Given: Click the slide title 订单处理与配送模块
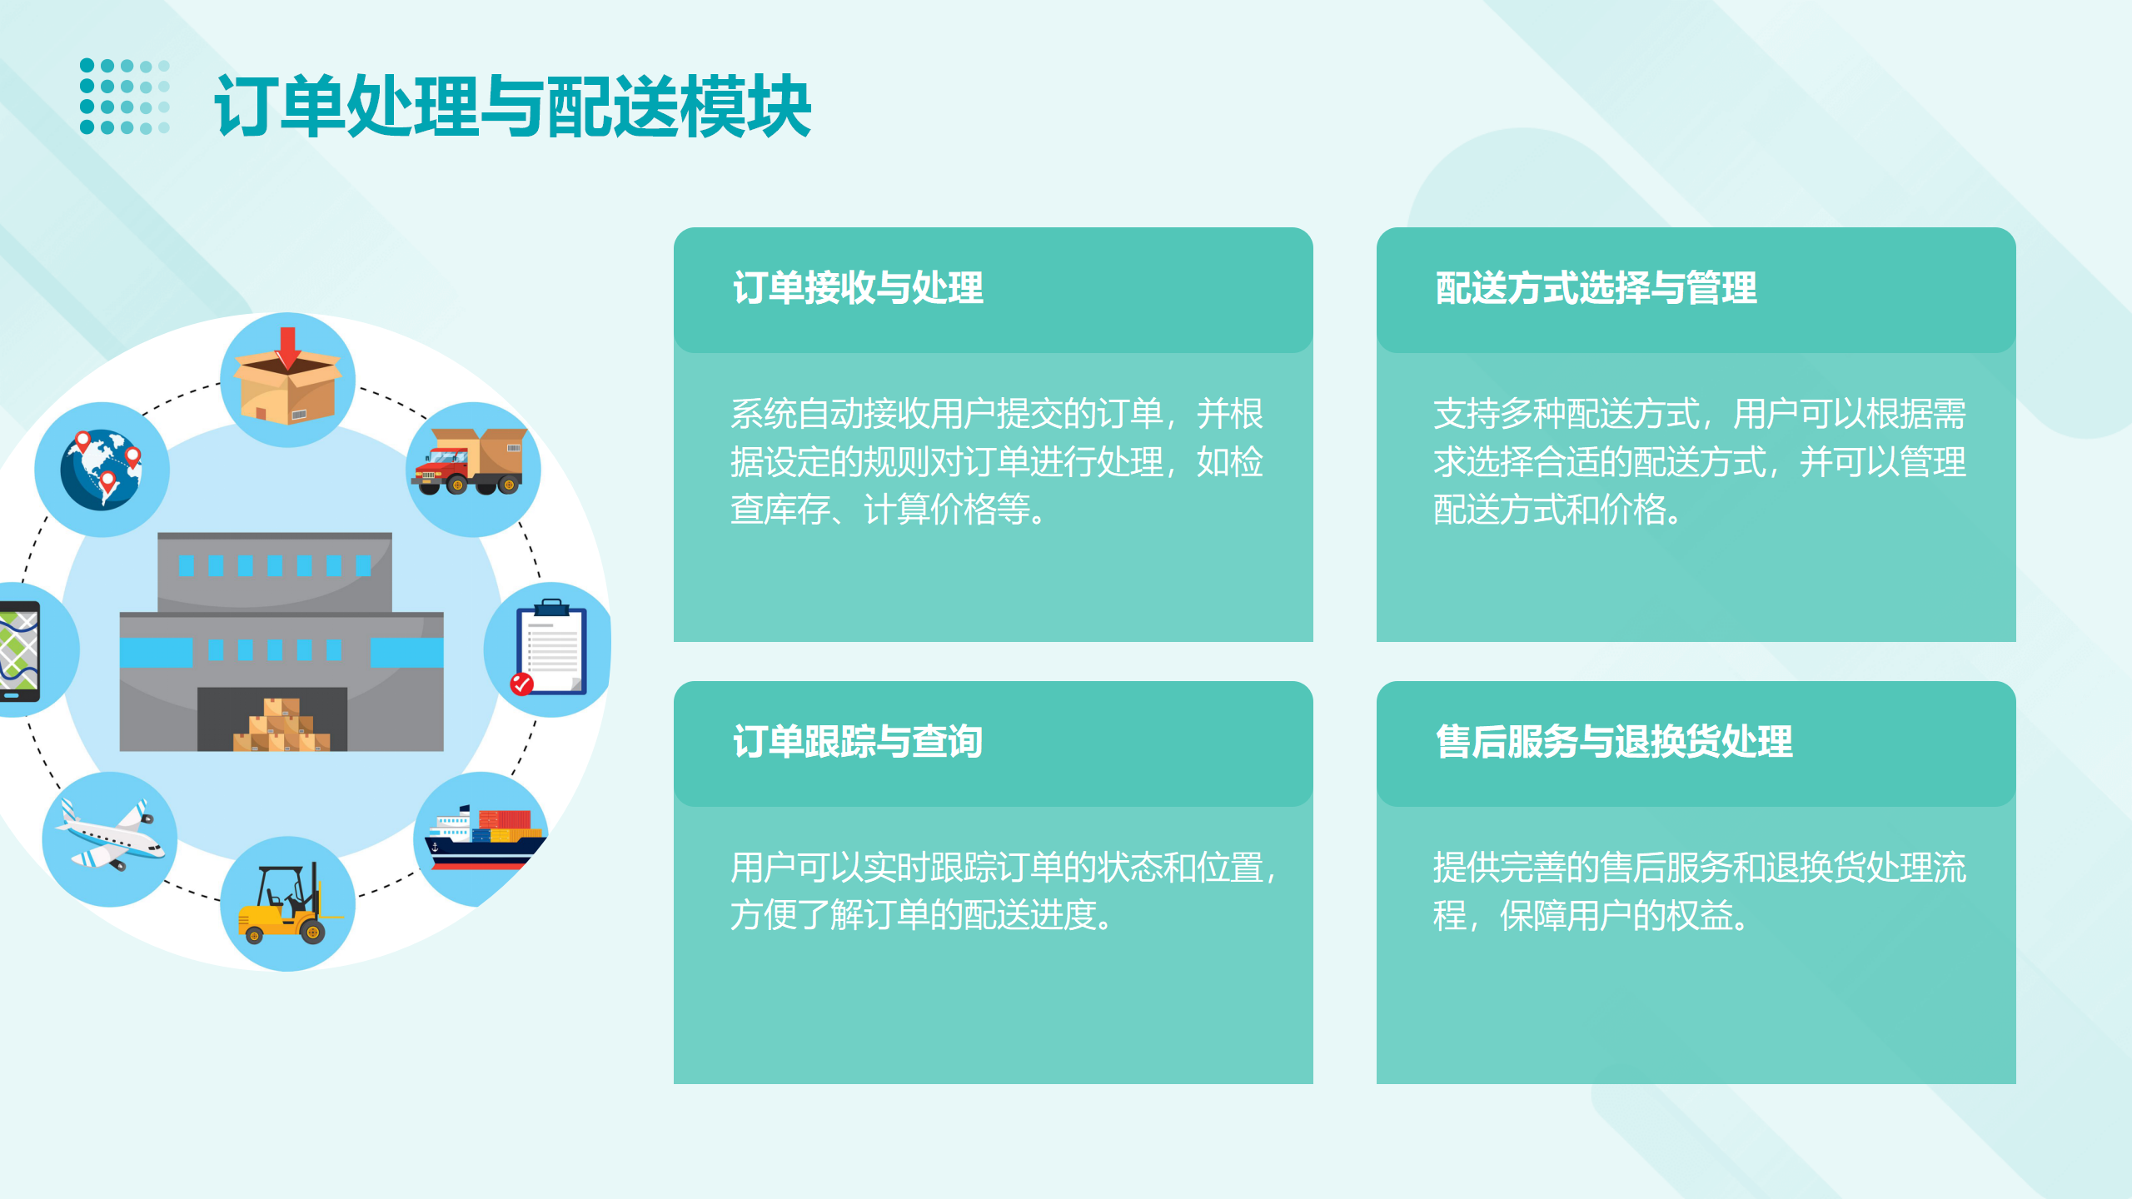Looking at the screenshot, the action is tap(513, 106).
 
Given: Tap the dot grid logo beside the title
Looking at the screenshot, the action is tap(125, 97).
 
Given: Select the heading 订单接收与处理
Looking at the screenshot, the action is tap(858, 288).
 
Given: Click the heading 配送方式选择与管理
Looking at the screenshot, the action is tap(1596, 288).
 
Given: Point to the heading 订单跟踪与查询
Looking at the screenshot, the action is tap(858, 741).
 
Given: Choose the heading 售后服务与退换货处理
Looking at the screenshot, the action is tap(1614, 741).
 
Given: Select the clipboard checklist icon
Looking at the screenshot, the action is tap(550, 648).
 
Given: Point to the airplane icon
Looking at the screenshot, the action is tap(110, 836).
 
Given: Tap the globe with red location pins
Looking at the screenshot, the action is tap(102, 469).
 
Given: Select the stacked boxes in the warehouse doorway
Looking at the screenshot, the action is tap(281, 724).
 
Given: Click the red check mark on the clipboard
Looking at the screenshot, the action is tap(521, 684).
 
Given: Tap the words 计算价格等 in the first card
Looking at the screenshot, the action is tap(947, 510).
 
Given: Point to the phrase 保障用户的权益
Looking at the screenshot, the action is tap(1616, 916).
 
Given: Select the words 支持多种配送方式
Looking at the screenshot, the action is tap(1566, 414).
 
